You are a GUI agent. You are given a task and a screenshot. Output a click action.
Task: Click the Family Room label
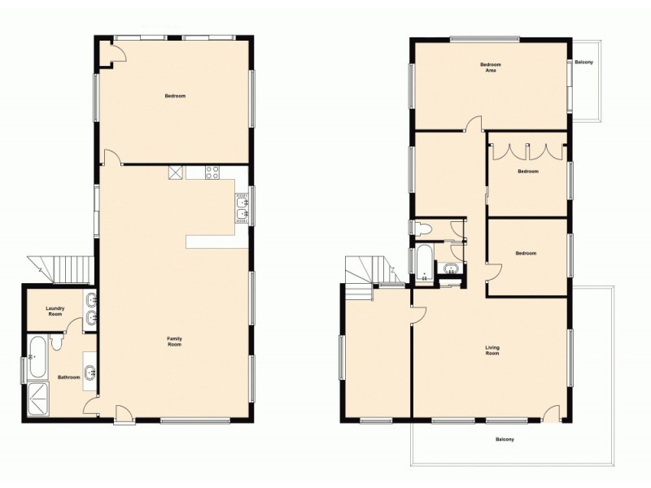(174, 342)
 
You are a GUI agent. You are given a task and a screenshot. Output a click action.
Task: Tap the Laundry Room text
(55, 310)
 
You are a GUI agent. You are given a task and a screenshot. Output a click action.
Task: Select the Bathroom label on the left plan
(68, 377)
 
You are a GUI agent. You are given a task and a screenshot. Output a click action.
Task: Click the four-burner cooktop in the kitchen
(213, 172)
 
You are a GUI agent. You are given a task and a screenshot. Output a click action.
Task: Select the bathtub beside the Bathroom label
(37, 357)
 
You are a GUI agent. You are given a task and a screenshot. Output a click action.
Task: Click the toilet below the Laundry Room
(55, 342)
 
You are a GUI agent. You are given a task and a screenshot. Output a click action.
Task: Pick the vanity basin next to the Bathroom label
(90, 374)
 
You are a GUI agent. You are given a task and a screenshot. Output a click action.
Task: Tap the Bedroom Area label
(490, 68)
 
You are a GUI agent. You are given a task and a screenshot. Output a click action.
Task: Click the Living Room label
(492, 351)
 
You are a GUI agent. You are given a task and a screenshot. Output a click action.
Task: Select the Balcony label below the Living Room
(505, 440)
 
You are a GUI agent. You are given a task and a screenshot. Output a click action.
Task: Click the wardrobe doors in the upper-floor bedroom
(526, 151)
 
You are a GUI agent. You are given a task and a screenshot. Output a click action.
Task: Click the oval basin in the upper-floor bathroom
(450, 271)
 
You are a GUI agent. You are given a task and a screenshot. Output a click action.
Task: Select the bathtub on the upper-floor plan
(423, 264)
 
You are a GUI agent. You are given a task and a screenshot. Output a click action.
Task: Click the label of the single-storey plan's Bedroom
(175, 97)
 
